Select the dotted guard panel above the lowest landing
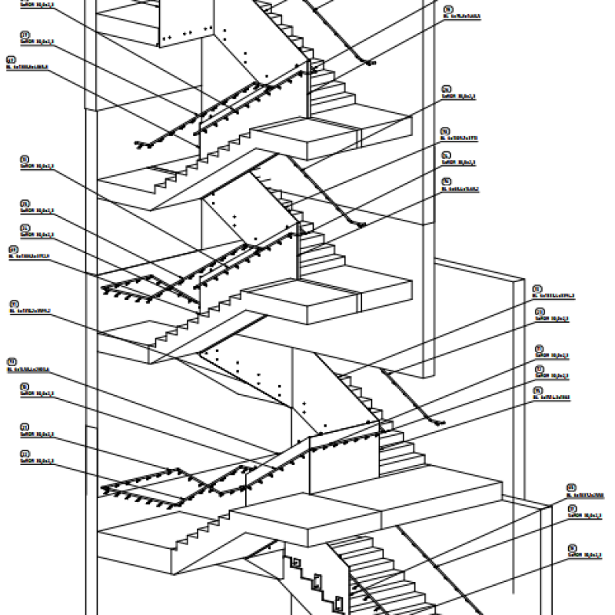pyautogui.click(x=254, y=377)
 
